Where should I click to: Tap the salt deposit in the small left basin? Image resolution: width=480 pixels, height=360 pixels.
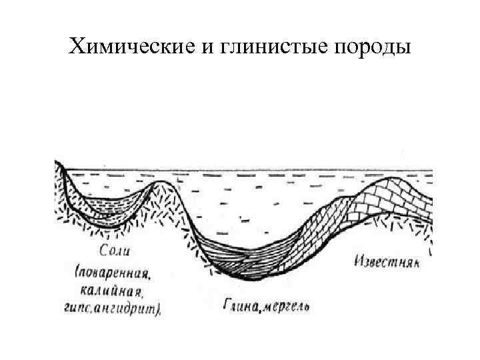coord(110,212)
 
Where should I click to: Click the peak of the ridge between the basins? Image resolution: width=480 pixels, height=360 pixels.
coord(161,183)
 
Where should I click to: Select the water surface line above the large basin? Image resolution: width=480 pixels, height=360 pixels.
coord(267,170)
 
